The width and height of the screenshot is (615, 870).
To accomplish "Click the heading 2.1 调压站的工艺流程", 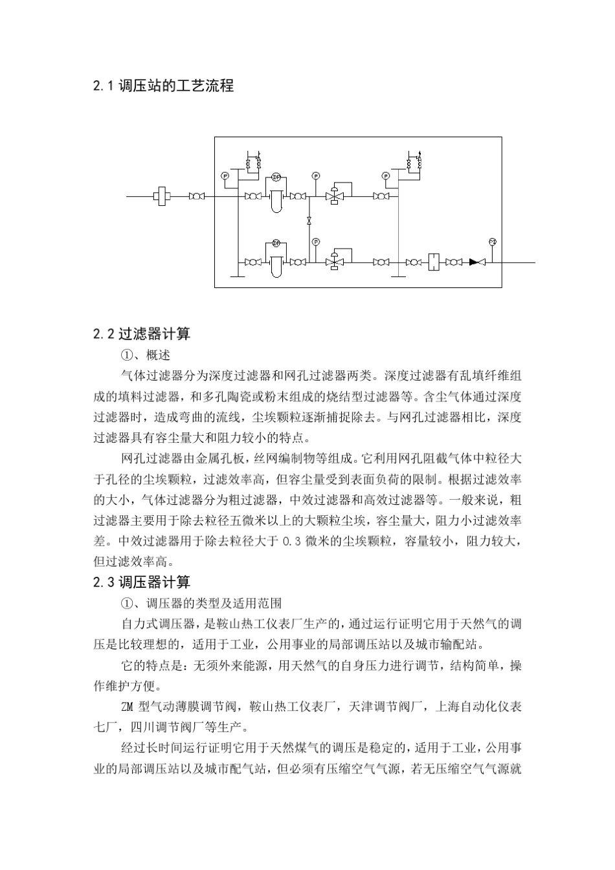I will pyautogui.click(x=163, y=85).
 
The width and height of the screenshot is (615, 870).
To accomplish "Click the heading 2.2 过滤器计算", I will pyautogui.click(x=142, y=334).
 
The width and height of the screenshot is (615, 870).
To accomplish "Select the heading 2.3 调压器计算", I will pyautogui.click(x=142, y=582).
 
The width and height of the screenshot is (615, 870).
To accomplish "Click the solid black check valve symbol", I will pyautogui.click(x=477, y=262).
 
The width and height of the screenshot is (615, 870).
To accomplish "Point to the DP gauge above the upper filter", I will pyautogui.click(x=276, y=176).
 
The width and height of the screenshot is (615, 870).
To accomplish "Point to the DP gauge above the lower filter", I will pyautogui.click(x=276, y=243).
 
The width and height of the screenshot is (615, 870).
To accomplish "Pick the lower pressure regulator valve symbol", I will pyautogui.click(x=335, y=262).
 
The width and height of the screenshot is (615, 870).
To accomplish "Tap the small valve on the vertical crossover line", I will pyautogui.click(x=309, y=221).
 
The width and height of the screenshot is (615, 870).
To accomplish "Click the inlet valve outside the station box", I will pyautogui.click(x=196, y=195).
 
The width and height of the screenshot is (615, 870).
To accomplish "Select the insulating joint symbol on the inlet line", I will pyautogui.click(x=162, y=195).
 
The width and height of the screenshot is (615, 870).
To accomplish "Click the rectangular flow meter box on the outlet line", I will pyautogui.click(x=434, y=262).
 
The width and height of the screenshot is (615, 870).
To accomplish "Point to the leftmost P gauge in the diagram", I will pyautogui.click(x=225, y=175).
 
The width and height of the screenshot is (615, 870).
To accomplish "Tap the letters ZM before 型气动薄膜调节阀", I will pyautogui.click(x=128, y=706).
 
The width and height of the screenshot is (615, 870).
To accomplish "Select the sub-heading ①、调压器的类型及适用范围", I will pyautogui.click(x=201, y=603).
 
